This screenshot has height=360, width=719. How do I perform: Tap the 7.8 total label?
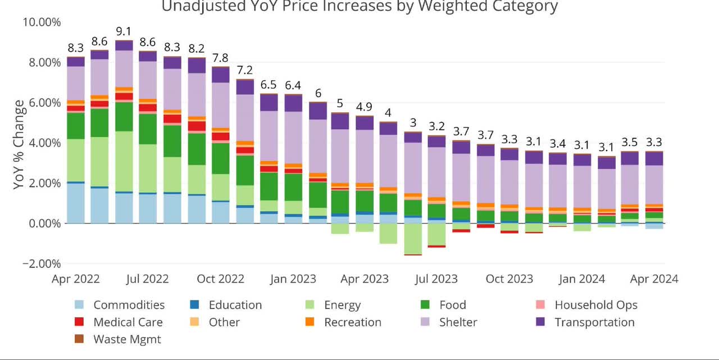[220, 58]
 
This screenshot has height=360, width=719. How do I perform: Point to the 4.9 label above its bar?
[365, 107]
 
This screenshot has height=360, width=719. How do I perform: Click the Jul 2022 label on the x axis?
[148, 279]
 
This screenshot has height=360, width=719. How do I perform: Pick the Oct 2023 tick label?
[509, 279]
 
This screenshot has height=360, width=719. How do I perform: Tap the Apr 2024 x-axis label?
[654, 279]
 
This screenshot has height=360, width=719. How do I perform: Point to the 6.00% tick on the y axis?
[41, 103]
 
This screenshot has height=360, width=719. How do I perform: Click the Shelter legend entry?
[458, 322]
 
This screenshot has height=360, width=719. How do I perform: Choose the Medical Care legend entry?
[128, 322]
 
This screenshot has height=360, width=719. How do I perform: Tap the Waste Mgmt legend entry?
[127, 339]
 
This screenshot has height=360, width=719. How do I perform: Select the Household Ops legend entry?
[596, 305]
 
